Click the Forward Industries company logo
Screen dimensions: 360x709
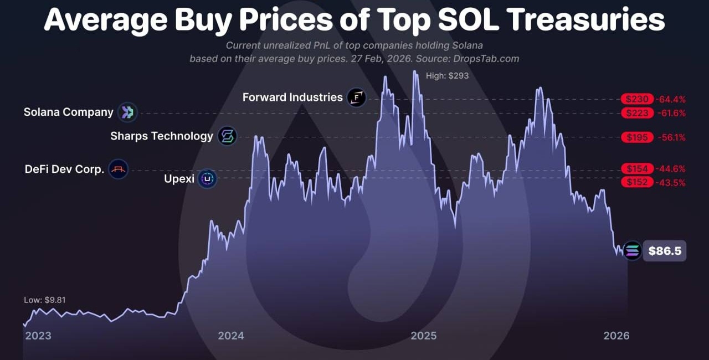pos(357,98)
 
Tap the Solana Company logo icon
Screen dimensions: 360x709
pos(128,112)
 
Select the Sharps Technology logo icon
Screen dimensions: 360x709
pos(227,136)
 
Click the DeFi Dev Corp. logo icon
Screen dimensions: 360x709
pos(119,169)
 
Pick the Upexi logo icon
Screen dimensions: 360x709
pos(207,179)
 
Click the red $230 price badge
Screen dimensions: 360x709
pos(637,99)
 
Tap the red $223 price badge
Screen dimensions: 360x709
pos(637,113)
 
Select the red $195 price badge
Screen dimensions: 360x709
pos(637,137)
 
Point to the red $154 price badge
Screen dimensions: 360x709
pos(637,168)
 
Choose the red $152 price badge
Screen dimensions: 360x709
pos(637,182)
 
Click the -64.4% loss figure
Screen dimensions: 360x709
pos(671,99)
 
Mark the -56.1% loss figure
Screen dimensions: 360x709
pos(671,137)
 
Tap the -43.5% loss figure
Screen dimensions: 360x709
pos(671,182)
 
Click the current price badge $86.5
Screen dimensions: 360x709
pos(665,251)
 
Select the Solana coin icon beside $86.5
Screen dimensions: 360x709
pos(632,251)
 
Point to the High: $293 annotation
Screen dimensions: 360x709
pos(447,75)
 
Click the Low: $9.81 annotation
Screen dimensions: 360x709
pos(45,300)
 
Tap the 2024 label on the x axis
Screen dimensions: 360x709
pos(231,336)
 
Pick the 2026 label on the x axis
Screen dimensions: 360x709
pos(616,336)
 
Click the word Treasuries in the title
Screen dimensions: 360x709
pos(585,20)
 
